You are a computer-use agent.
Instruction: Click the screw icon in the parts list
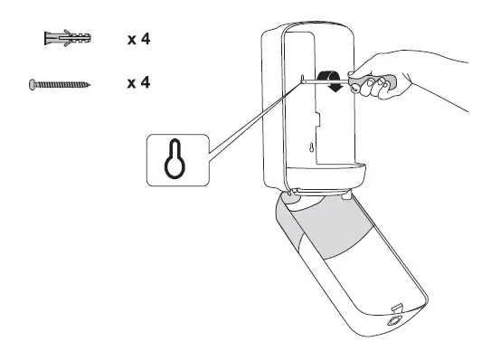point(59,83)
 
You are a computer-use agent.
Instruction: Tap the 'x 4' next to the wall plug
point(137,41)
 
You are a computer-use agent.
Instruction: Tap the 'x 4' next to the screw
point(137,83)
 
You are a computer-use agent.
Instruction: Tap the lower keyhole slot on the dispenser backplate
point(312,148)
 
